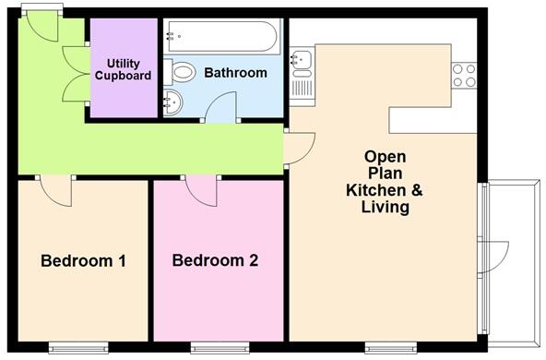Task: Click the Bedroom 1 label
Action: point(83,261)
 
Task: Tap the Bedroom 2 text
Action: point(215,261)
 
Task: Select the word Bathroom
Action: point(235,72)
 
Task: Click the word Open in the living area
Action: point(385,157)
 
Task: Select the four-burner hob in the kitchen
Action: point(463,75)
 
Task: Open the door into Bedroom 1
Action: point(57,191)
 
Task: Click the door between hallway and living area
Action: point(299,148)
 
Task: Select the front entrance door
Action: point(42,27)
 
